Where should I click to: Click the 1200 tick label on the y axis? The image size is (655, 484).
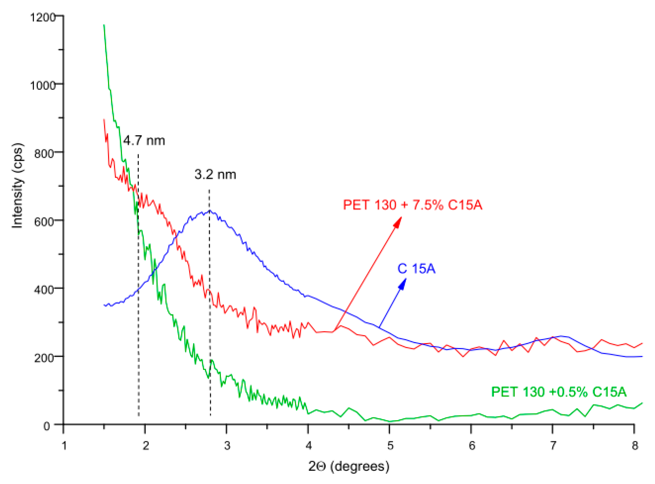pos(43,17)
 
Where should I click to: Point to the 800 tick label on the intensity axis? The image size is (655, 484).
pos(44,153)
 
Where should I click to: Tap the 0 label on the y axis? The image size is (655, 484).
pos(47,426)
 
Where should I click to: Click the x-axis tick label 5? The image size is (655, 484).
pos(390,446)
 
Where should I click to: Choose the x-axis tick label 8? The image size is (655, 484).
pos(635,446)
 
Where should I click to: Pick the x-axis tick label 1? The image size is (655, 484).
pos(64,446)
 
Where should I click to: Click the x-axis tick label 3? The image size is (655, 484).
pos(227,446)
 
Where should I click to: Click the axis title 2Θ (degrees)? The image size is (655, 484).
pos(349,466)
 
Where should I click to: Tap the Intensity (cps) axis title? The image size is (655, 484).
pos(18,185)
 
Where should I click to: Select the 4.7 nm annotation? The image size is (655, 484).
pos(144,141)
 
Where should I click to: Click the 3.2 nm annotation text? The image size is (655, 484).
pos(215,175)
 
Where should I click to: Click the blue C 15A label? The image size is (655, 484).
pos(416,269)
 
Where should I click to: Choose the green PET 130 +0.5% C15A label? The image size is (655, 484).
pos(559,392)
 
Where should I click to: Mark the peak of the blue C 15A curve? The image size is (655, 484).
pos(210,211)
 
